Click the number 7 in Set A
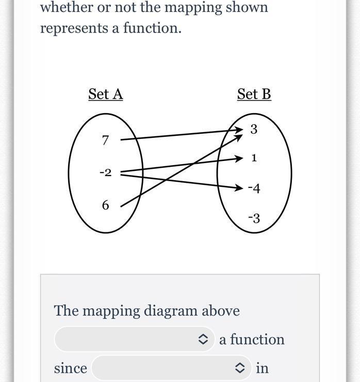pos(106,140)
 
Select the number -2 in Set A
pos(105,172)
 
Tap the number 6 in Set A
pos(106,205)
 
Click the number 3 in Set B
pos(254,130)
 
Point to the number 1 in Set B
pos(254,158)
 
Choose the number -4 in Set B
pos(254,188)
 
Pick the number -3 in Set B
pos(254,218)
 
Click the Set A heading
pos(106,94)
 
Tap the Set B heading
pos(254,94)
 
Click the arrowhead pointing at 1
pos(239,158)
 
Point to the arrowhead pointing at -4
pos(239,188)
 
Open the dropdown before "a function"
pos(134,339)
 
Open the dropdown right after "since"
pos(171,368)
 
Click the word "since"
pos(71,368)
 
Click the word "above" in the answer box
pos(221,311)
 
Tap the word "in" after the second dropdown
pos(262,368)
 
